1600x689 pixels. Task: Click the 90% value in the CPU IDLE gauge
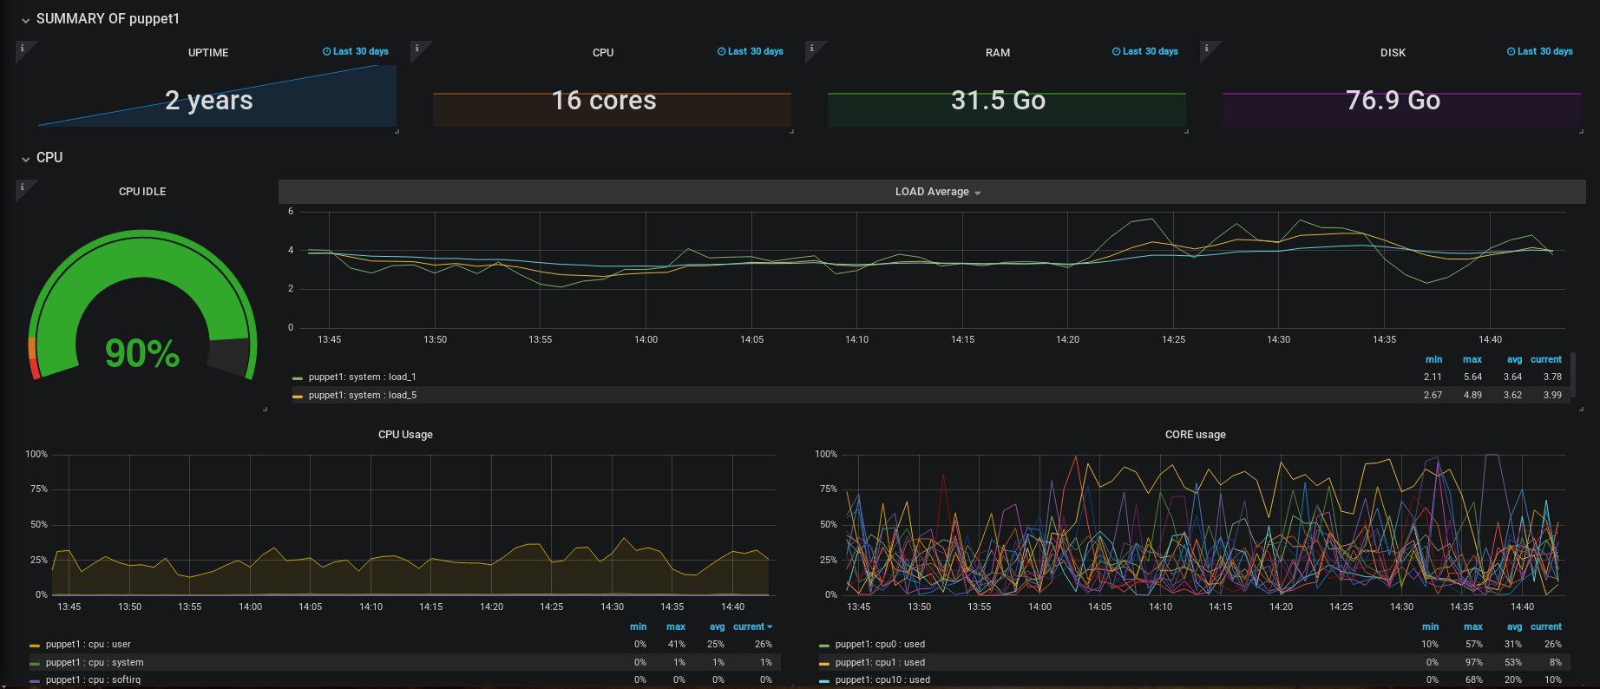point(142,353)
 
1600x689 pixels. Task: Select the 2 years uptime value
point(209,101)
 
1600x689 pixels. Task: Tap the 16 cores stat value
point(604,101)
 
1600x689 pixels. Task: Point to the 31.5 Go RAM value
point(998,101)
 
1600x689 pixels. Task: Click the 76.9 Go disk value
point(1393,101)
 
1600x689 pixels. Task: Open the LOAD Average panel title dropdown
point(937,192)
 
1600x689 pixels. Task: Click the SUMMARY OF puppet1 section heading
point(108,19)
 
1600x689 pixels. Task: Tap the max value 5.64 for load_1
point(1472,377)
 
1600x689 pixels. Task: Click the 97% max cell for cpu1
point(1473,662)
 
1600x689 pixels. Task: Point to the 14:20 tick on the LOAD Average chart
point(1067,339)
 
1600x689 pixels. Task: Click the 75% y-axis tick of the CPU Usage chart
point(39,489)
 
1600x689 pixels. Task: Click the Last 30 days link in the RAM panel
point(1145,51)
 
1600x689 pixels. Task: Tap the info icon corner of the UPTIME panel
point(23,49)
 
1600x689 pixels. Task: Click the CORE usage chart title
point(1195,435)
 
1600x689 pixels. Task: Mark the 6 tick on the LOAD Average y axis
point(291,212)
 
